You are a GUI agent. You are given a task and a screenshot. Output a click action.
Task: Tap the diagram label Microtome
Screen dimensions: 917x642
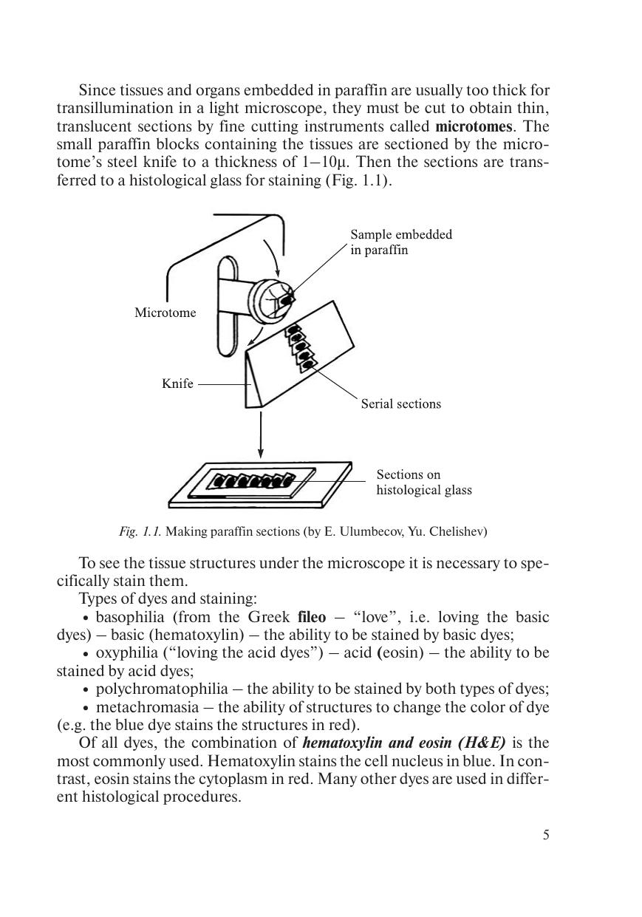click(x=165, y=313)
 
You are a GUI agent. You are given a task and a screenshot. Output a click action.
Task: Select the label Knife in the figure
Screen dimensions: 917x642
click(x=177, y=383)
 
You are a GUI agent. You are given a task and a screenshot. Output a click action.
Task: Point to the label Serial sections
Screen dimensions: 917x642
click(x=400, y=403)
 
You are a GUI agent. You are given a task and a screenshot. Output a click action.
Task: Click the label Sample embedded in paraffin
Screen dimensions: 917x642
click(x=400, y=242)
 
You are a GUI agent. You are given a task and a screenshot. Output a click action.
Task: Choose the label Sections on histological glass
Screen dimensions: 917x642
click(x=423, y=482)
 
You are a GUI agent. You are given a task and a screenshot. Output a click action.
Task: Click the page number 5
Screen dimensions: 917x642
click(x=546, y=835)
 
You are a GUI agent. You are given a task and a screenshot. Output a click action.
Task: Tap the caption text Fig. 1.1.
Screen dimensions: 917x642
click(x=140, y=531)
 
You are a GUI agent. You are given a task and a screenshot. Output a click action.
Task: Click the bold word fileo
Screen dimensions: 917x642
click(x=311, y=617)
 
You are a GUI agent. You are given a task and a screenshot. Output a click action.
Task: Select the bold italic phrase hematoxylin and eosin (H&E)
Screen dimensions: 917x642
click(x=404, y=743)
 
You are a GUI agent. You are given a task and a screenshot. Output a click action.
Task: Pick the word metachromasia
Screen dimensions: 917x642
click(x=147, y=707)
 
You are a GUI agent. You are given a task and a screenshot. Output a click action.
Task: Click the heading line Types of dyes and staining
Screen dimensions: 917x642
click(x=168, y=599)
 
